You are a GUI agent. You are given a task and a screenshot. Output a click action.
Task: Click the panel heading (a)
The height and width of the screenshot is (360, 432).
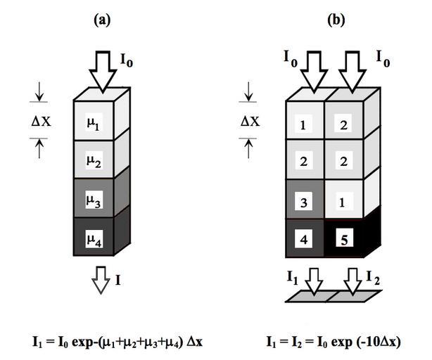click(102, 20)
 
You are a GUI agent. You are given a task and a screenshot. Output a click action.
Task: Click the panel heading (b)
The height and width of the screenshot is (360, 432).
click(336, 20)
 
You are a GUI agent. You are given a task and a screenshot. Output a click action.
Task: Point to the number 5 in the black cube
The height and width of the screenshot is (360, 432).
click(344, 240)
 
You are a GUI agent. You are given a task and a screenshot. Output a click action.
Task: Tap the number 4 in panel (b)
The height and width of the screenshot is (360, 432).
click(304, 240)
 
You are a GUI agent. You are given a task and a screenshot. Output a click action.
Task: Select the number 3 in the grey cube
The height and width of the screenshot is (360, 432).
click(304, 202)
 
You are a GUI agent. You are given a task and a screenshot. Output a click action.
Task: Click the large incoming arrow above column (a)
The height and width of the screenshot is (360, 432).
click(103, 72)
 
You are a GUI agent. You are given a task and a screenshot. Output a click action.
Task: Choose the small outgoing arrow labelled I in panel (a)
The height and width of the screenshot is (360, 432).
click(101, 280)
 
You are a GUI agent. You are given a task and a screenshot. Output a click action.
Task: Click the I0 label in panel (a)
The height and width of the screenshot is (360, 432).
click(127, 60)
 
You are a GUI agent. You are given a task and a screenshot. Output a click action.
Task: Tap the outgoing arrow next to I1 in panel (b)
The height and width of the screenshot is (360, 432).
click(314, 281)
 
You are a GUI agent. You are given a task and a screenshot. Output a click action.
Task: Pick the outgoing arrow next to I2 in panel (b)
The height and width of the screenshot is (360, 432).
click(352, 281)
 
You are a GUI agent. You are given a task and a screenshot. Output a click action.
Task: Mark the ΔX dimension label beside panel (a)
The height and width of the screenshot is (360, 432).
click(41, 121)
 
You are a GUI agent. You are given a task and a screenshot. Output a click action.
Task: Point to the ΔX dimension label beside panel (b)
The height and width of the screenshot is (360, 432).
click(250, 121)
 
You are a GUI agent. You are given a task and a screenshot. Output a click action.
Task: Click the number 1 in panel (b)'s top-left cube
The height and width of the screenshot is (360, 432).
click(303, 125)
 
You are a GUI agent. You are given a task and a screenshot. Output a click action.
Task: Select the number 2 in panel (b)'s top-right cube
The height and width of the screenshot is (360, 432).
click(343, 125)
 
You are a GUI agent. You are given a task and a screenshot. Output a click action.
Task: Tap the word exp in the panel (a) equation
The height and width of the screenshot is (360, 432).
click(82, 342)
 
